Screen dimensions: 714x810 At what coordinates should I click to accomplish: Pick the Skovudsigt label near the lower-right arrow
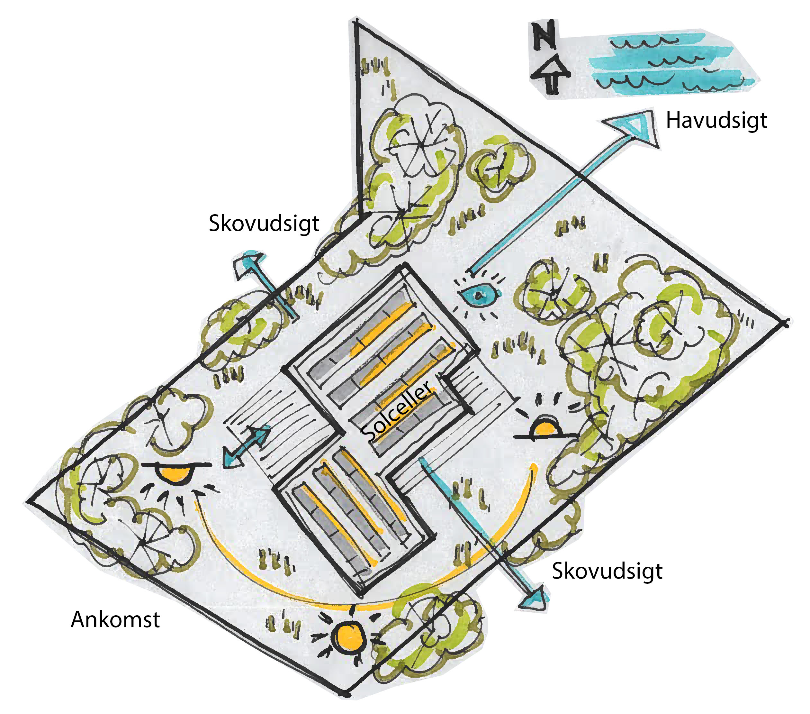point(607,572)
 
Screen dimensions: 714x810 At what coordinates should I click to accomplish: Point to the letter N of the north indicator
point(544,36)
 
